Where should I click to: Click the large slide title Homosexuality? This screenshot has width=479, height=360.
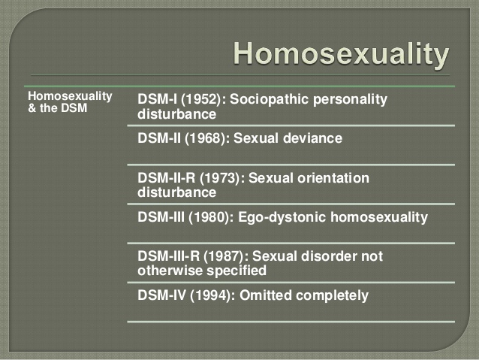pyautogui.click(x=341, y=54)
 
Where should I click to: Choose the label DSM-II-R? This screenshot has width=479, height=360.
pyautogui.click(x=166, y=177)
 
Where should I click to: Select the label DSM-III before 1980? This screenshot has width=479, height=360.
pyautogui.click(x=161, y=217)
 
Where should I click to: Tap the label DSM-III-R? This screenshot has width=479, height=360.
pyautogui.click(x=168, y=256)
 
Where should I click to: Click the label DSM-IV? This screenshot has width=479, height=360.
pyautogui.click(x=161, y=295)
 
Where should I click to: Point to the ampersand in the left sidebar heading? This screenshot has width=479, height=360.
pyautogui.click(x=32, y=108)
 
